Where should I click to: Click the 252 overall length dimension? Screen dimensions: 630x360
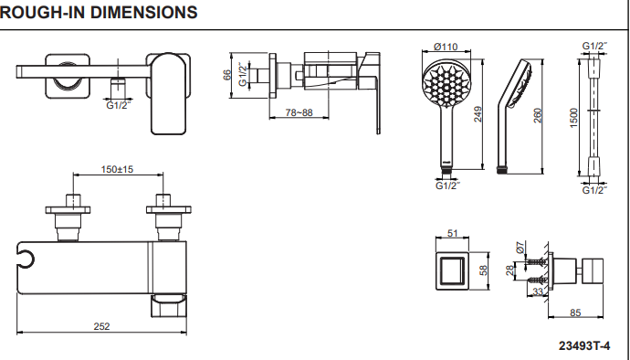[x=101, y=326]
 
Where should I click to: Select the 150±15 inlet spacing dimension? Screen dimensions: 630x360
[x=117, y=169]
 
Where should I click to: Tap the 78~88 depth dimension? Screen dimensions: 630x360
[x=299, y=112]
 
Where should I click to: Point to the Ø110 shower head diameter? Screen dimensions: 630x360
[x=446, y=47]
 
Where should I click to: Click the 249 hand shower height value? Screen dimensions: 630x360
[x=478, y=114]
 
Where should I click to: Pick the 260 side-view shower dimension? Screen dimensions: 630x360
[x=538, y=116]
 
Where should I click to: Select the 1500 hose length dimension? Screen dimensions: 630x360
[x=573, y=118]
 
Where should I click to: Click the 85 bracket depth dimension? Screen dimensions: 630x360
[x=575, y=312]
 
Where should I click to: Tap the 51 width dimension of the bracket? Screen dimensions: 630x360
[x=452, y=233]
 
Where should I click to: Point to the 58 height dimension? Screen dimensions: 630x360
[x=483, y=270]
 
